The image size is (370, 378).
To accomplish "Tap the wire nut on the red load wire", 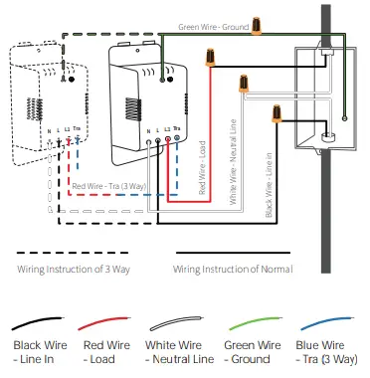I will [211, 61].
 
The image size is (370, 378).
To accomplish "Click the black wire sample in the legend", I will [39, 325].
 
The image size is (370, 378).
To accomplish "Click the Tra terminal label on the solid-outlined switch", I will [177, 129].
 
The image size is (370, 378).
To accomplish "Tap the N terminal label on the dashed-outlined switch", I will [51, 130].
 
